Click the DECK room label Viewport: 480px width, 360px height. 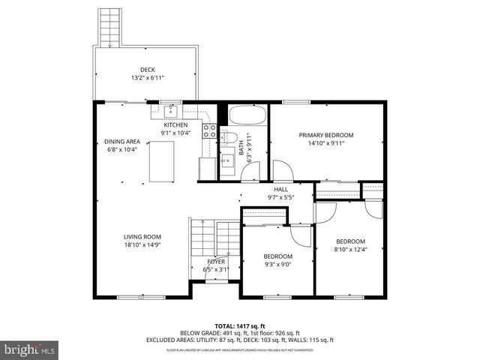pos(147,70)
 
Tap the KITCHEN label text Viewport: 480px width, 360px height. pos(175,124)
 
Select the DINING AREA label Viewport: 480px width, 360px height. pos(122,141)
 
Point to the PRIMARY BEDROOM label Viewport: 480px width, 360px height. pos(325,135)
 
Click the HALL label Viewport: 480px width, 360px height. pos(280,190)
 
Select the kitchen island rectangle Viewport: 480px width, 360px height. pos(163,161)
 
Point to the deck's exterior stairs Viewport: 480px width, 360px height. pos(110,27)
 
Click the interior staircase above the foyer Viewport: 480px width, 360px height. pos(202,240)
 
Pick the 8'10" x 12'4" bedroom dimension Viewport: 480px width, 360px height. pos(349,249)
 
